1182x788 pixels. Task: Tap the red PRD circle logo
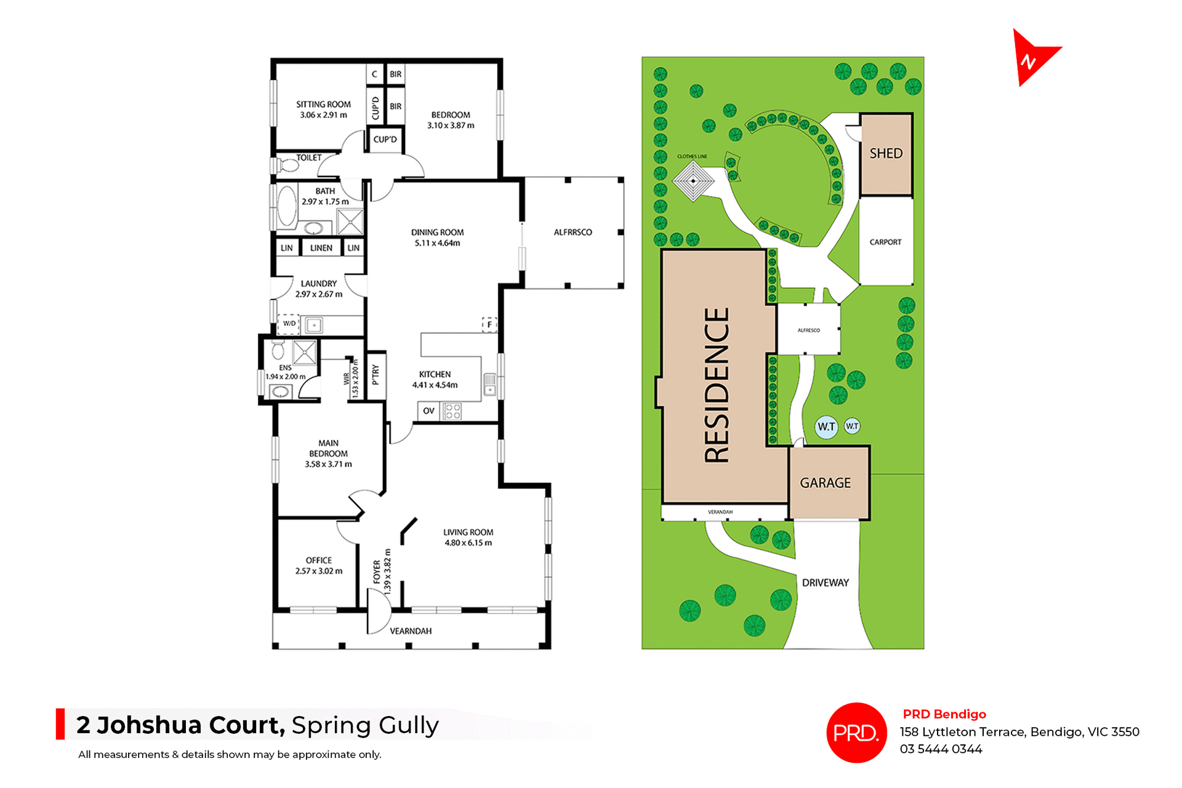[856, 733]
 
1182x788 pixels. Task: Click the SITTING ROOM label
[323, 105]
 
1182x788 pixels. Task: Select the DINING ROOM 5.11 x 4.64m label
[437, 237]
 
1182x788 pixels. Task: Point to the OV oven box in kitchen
[428, 411]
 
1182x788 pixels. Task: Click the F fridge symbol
[489, 324]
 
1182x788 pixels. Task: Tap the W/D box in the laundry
[289, 324]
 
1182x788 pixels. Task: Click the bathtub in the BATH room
[287, 205]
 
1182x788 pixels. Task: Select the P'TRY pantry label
[376, 375]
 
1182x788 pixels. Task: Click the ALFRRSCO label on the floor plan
[573, 233]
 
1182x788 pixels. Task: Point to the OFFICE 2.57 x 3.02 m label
[319, 565]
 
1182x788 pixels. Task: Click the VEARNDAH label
[411, 631]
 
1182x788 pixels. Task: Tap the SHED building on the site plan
[886, 154]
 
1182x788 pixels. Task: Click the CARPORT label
[885, 242]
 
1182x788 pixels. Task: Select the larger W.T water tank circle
[826, 426]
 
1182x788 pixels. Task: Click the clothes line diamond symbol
[693, 181]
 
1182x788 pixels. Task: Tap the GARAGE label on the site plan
[825, 483]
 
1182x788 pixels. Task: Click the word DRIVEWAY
[825, 583]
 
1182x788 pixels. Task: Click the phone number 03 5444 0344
[941, 749]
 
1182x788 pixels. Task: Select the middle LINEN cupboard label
[321, 248]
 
